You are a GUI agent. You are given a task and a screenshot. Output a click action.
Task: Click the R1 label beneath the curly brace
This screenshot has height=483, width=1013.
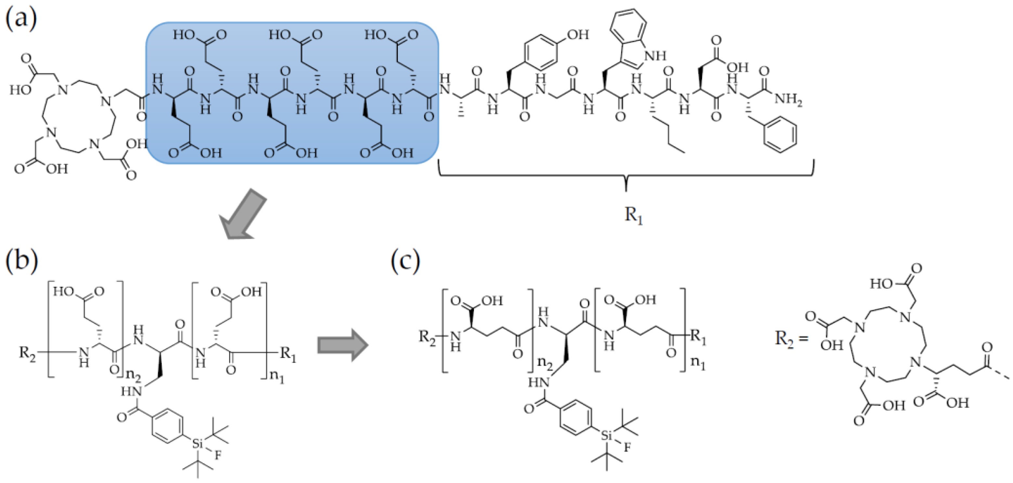coord(633,216)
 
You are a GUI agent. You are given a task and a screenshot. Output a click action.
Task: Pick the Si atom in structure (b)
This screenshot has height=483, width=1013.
coord(197,444)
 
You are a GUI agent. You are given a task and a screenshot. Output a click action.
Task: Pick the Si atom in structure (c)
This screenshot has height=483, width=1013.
coord(606,436)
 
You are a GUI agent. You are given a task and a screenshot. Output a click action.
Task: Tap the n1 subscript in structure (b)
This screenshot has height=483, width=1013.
coord(278,378)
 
